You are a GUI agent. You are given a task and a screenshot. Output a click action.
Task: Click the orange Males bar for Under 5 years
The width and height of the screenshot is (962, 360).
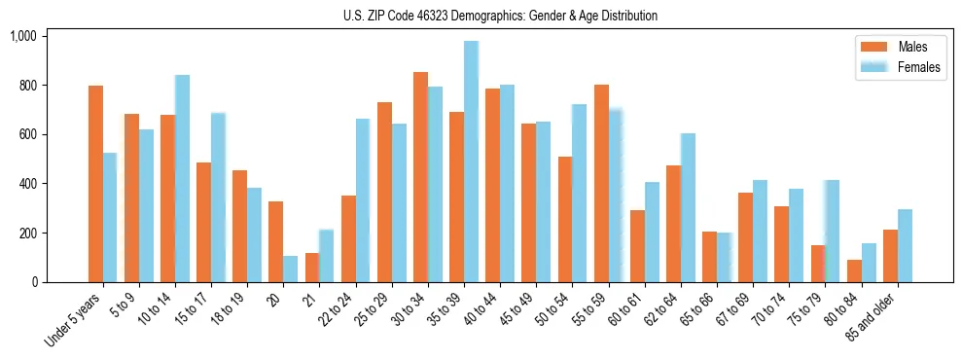coord(95,184)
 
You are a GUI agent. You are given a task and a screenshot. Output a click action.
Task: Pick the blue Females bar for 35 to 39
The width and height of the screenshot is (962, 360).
coord(471,162)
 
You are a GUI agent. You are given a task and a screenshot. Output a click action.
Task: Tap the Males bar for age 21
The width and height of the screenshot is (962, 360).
coord(312,268)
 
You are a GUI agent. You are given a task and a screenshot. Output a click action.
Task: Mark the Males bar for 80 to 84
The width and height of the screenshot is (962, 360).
coord(854,271)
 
